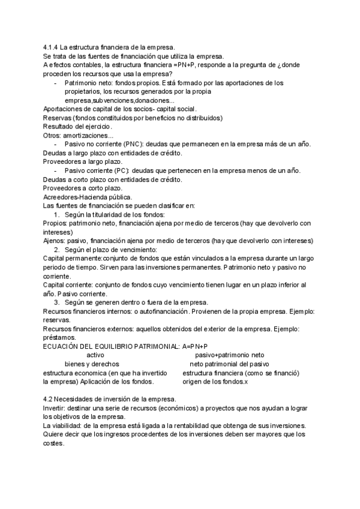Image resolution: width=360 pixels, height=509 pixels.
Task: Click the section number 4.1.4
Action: [x=51, y=47]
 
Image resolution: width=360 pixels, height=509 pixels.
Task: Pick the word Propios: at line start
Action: [x=55, y=223]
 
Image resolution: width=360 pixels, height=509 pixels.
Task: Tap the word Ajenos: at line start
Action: [x=55, y=241]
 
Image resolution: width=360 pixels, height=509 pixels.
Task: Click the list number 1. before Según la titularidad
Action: [x=58, y=214]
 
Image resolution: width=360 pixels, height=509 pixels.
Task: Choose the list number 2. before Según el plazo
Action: [x=58, y=250]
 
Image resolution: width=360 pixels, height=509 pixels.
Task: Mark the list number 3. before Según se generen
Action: [x=58, y=303]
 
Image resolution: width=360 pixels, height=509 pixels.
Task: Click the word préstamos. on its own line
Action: [x=59, y=338]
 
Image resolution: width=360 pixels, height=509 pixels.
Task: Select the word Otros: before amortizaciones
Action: [x=53, y=136]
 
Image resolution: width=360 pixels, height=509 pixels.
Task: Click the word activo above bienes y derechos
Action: [x=97, y=355]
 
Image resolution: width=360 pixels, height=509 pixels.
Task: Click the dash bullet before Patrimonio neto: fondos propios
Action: [x=56, y=83]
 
